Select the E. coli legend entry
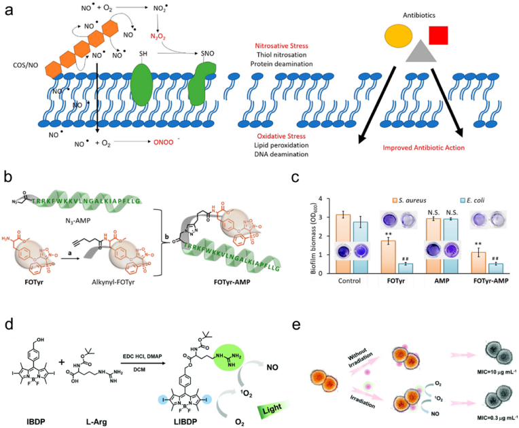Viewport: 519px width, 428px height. point(446,182)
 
